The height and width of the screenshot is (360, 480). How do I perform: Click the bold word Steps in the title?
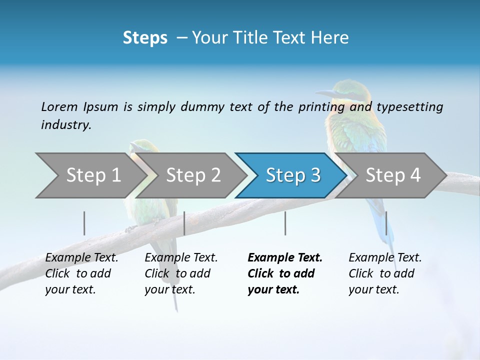coord(145,38)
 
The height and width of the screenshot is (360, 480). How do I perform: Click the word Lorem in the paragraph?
coord(59,107)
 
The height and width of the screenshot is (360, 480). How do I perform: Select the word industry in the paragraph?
coord(65,125)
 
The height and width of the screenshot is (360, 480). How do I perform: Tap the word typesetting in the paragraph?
coord(409,107)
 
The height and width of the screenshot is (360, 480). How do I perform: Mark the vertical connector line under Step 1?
coord(84,223)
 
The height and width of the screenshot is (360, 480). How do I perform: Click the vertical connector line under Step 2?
coord(184,223)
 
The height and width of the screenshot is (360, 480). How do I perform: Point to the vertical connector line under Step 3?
coord(285,223)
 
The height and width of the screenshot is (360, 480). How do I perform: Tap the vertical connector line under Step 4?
coord(386,223)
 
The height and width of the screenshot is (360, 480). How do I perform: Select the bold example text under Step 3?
coord(285,273)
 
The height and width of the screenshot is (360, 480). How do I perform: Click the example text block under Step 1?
coord(81,273)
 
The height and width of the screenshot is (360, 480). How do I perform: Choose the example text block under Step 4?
coord(385,273)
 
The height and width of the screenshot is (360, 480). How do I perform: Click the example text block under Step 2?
coord(181,273)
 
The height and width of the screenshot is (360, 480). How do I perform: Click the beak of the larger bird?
coord(325,93)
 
